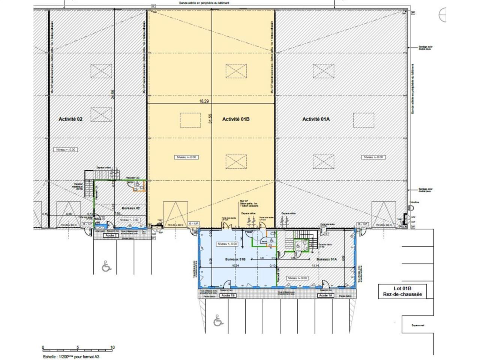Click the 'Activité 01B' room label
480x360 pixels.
(235, 119)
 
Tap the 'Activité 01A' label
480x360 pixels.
(316, 119)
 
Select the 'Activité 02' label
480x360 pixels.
(70, 119)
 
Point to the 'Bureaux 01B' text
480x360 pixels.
(235, 259)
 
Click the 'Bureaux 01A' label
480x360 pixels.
(327, 259)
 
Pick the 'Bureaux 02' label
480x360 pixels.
(131, 207)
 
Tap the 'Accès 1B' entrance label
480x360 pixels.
(228, 295)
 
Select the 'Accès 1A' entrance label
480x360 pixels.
(325, 295)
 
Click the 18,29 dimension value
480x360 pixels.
(204, 101)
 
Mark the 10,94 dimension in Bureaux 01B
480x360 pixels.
(236, 266)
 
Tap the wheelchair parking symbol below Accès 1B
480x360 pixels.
(217, 321)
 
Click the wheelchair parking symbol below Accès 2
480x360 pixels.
(107, 267)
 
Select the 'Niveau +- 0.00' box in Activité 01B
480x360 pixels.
(187, 157)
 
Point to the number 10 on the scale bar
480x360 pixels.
(112, 347)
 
